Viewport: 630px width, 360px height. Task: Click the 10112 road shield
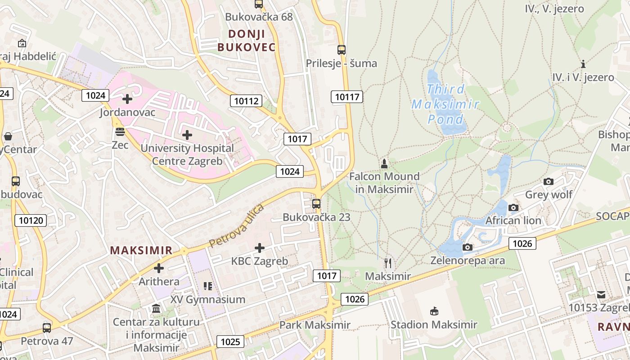246,101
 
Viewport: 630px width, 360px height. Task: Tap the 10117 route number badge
348,97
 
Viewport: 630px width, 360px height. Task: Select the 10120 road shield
31,220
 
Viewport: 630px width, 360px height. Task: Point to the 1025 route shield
230,342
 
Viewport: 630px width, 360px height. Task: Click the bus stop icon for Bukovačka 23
316,203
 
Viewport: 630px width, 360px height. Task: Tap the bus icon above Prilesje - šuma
342,49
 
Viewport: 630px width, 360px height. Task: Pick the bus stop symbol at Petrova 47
47,328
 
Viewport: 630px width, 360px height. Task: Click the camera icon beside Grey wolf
549,181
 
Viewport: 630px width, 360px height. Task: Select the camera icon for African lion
513,207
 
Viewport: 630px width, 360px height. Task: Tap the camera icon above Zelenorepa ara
468,247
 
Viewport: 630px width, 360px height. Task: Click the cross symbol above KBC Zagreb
260,247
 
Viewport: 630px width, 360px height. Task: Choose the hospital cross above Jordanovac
127,99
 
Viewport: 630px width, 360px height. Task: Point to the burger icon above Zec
120,131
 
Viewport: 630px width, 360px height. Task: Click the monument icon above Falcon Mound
384,163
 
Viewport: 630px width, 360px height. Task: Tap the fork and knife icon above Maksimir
388,263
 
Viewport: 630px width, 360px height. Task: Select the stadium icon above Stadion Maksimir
434,311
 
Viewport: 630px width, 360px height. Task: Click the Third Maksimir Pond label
445,104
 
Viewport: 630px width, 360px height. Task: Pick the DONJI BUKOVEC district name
247,40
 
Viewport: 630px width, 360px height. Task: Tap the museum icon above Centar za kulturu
156,309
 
